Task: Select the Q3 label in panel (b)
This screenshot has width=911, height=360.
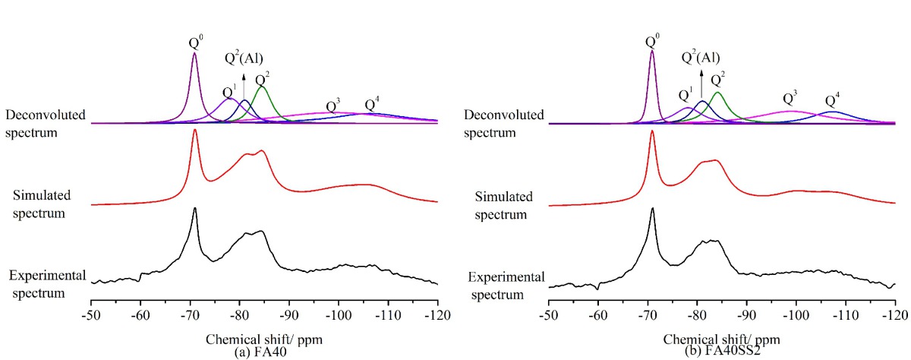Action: tap(790, 98)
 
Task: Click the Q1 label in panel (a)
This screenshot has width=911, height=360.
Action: tap(228, 89)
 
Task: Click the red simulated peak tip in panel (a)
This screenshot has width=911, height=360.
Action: tap(195, 130)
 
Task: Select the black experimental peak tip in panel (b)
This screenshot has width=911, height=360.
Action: tap(652, 208)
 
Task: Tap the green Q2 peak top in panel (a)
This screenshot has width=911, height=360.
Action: tap(262, 87)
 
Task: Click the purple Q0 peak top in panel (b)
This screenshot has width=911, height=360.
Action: tap(652, 52)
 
